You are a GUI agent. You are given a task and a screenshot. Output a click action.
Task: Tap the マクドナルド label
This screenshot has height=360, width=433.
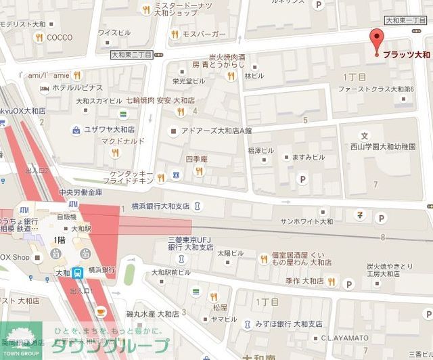(101, 141)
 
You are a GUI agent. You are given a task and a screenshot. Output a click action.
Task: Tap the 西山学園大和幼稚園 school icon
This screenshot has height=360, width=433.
(365, 135)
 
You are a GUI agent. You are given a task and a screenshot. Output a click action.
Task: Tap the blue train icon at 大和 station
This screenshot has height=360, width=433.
(78, 273)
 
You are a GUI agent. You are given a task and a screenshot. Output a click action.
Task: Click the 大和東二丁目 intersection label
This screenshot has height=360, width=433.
(133, 53)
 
